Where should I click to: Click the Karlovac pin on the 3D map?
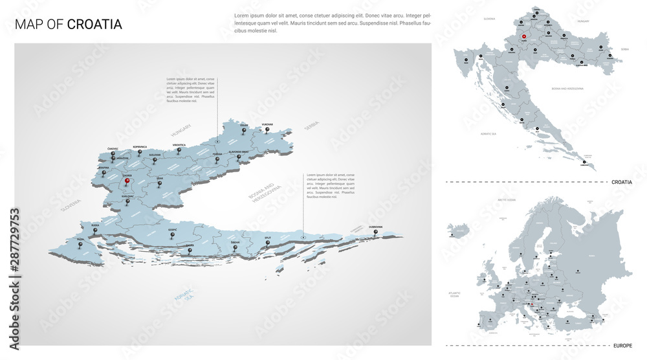pos(127,200)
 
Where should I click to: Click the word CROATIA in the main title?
pos(94,25)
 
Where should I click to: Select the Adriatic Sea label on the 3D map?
pos(185,295)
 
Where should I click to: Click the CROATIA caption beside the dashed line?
pos(621,183)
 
